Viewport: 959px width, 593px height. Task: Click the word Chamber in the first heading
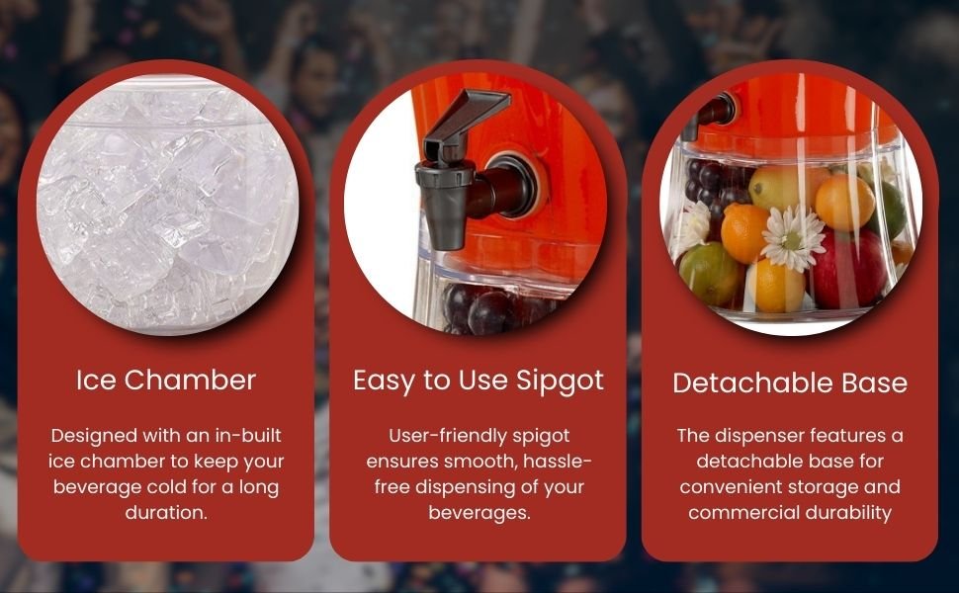[190, 381]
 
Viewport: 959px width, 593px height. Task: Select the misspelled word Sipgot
[561, 381]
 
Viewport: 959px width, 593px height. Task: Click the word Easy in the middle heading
[385, 381]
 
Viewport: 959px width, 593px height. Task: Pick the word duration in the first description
[166, 512]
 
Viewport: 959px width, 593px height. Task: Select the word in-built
[248, 435]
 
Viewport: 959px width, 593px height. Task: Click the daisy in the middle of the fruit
[793, 238]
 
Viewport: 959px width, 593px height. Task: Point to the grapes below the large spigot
[489, 308]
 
